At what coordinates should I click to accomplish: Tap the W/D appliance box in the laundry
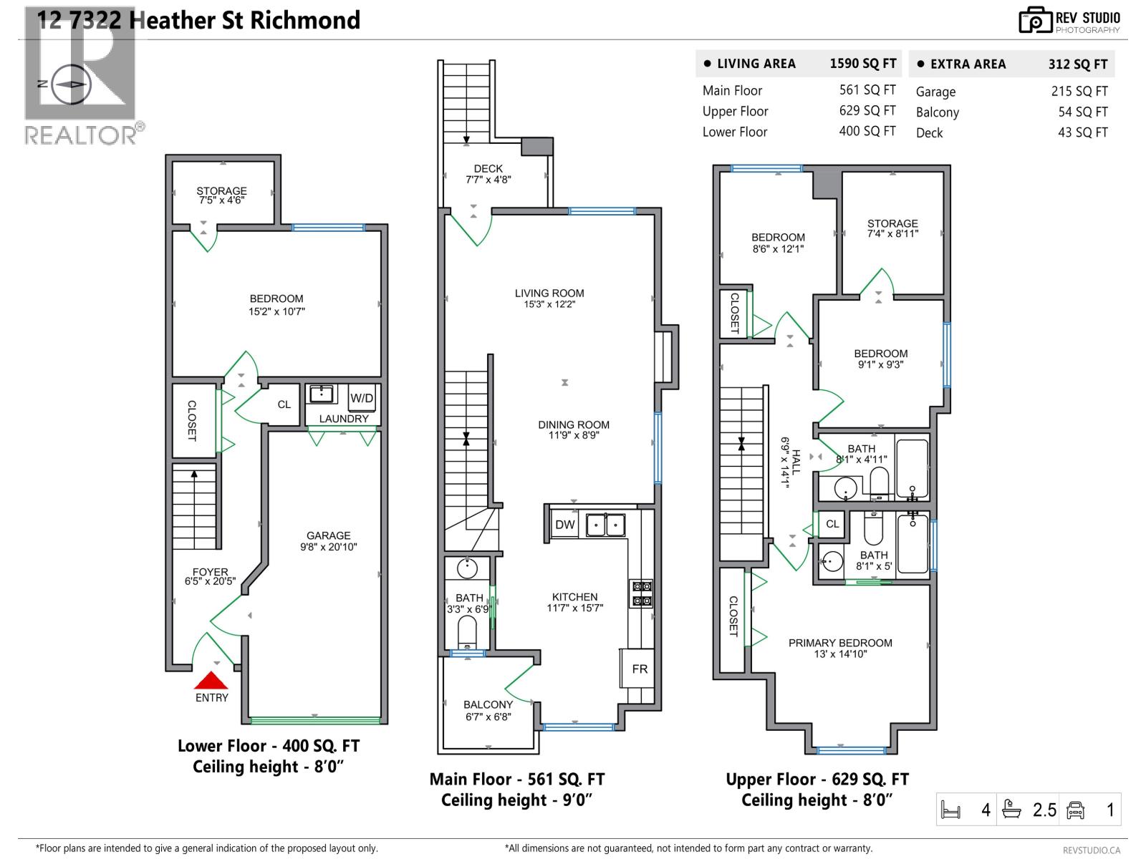point(362,399)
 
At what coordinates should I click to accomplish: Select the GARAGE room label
point(329,535)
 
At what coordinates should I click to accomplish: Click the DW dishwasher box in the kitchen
point(565,525)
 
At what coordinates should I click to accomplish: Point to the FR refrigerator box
point(640,669)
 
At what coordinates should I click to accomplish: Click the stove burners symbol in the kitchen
point(641,593)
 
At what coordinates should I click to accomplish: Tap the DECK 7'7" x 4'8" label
point(488,174)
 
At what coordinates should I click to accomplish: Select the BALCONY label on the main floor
point(488,705)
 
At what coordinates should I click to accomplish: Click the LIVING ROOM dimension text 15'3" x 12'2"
point(549,304)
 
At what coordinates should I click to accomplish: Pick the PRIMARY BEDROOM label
point(840,643)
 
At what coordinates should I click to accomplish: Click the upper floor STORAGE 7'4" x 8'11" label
point(892,228)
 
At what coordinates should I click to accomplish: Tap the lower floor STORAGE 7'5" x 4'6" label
point(221,195)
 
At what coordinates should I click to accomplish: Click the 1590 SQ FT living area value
point(862,64)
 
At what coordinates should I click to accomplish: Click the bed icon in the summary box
point(951,810)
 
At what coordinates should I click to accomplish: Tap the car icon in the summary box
point(1075,810)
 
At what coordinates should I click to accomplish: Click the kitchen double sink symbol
point(605,525)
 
